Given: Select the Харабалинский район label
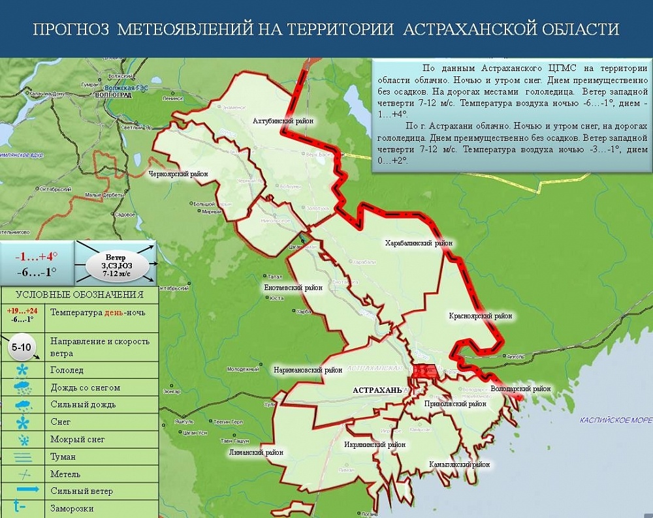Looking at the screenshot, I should pos(419,243).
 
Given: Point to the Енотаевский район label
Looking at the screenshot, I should pos(293,287).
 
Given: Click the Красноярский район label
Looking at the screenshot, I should pos(480,316).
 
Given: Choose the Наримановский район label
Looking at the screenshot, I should pos(308,370).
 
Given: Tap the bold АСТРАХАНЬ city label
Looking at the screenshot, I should pos(377,390).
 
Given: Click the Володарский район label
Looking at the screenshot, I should pos(520,389).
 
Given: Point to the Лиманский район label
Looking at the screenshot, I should pos(256,452).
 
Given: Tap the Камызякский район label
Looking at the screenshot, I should pos(459,465).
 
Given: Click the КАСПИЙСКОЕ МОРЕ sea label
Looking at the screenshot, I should pos(615,420).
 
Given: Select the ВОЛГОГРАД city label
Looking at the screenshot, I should pos(113,95).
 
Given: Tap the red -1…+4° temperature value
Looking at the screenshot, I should pos(36,256).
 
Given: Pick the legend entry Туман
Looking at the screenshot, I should pos(63,457).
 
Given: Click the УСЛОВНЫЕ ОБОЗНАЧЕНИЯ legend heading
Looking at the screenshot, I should pos(79,295).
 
